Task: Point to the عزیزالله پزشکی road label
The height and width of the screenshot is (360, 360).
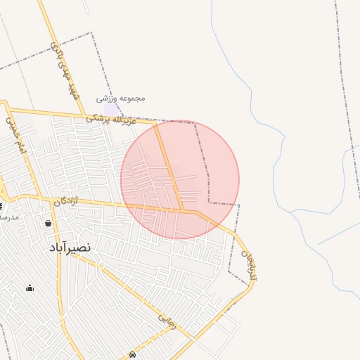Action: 110,120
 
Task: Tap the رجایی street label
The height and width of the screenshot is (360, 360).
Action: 167,321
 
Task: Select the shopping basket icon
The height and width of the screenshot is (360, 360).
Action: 48,224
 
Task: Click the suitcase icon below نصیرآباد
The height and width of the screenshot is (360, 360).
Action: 30,288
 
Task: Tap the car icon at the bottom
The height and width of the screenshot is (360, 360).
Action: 132,354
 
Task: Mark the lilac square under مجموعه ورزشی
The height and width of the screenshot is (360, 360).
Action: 112,109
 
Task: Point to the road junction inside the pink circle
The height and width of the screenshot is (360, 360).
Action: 183,210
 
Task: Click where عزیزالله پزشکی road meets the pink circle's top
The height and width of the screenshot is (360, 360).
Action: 156,124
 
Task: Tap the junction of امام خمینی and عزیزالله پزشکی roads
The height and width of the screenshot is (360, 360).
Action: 7,108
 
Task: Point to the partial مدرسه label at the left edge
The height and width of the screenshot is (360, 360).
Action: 8,218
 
